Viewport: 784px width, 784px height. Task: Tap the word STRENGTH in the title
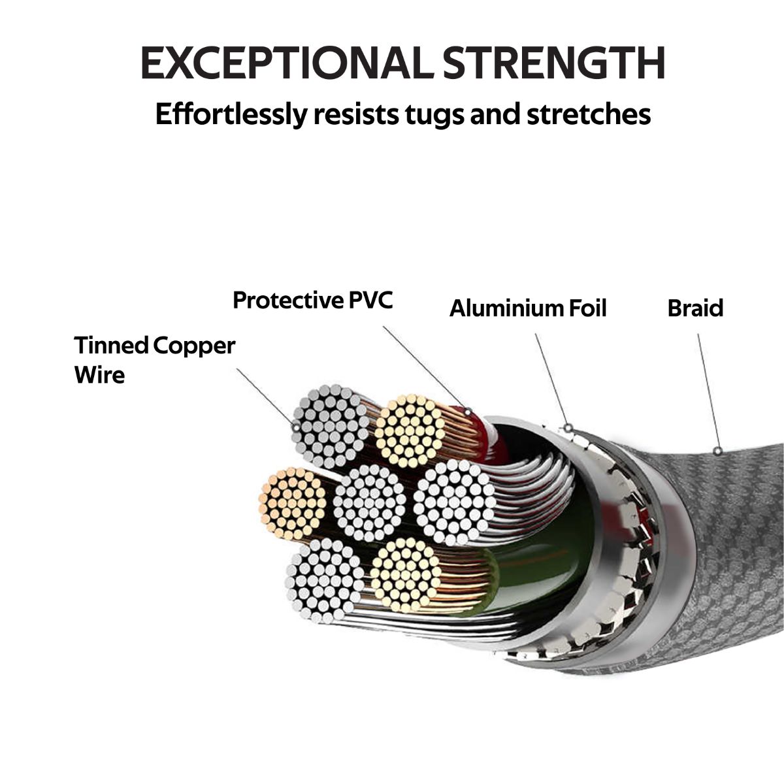coord(553,63)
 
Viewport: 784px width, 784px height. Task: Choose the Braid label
coord(695,308)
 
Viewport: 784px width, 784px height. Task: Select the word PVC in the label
coord(370,301)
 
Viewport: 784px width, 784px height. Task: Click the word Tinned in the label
coord(112,345)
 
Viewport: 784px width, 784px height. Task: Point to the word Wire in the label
coord(99,375)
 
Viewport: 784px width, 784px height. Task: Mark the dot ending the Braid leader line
coord(718,450)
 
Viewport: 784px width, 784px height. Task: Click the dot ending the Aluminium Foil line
coord(568,428)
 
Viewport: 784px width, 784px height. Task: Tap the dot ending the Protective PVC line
coord(468,411)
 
